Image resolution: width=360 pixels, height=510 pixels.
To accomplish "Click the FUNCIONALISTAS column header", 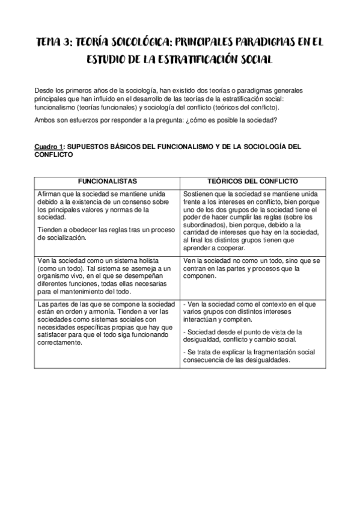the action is pyautogui.click(x=106, y=181).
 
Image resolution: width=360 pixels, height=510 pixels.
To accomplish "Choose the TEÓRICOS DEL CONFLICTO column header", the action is pyautogui.click(x=252, y=181).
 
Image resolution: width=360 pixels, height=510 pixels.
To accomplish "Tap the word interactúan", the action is pyautogui.click(x=199, y=321).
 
